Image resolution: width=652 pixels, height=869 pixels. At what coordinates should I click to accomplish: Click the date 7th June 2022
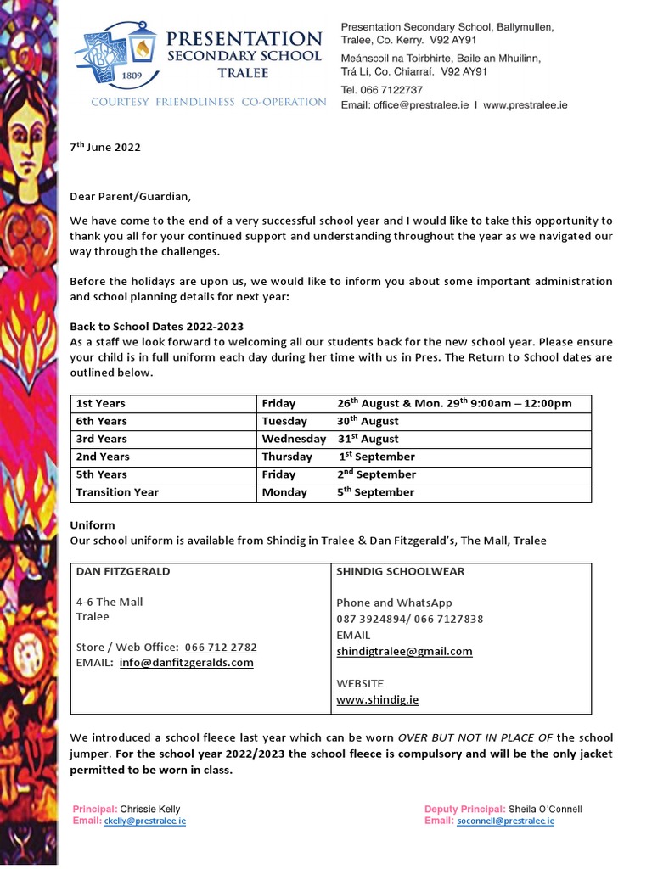104,147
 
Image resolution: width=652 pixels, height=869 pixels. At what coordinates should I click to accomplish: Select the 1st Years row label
101,403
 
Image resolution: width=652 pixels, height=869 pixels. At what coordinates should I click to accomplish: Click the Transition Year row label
117,492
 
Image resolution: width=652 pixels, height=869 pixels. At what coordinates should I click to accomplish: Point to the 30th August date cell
368,421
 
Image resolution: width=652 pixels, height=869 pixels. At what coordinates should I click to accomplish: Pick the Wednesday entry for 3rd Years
294,439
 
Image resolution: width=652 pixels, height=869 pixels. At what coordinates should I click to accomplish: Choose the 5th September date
375,492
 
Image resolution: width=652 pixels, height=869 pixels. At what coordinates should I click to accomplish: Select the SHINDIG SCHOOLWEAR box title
400,571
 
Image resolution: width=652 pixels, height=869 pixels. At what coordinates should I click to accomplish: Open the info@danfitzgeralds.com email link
186,663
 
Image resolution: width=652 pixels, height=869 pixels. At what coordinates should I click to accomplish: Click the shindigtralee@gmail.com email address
404,651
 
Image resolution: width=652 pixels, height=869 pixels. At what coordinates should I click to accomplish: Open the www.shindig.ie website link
377,700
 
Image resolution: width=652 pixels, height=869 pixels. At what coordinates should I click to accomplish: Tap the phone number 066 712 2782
220,647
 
